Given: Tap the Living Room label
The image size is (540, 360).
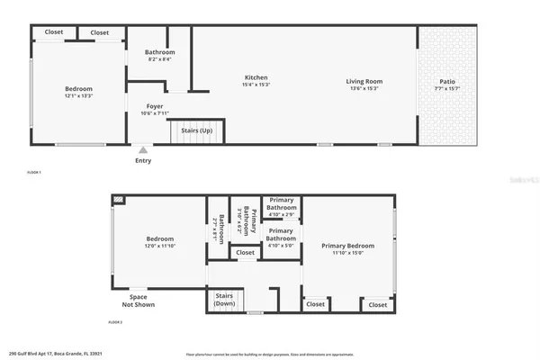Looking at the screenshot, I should pyautogui.click(x=364, y=82).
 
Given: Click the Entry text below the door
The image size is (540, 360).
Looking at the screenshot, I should pyautogui.click(x=143, y=161).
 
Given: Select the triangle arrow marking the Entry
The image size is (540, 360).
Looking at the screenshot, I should pyautogui.click(x=142, y=150).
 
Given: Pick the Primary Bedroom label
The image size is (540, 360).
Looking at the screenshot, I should pyautogui.click(x=347, y=245).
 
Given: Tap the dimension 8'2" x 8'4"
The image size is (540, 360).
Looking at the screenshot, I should pyautogui.click(x=160, y=59).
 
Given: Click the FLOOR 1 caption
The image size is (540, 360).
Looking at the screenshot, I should pyautogui.click(x=34, y=172).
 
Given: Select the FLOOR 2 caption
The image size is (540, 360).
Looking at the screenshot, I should pyautogui.click(x=115, y=322).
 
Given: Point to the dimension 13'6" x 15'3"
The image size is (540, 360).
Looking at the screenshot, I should pyautogui.click(x=364, y=88).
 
